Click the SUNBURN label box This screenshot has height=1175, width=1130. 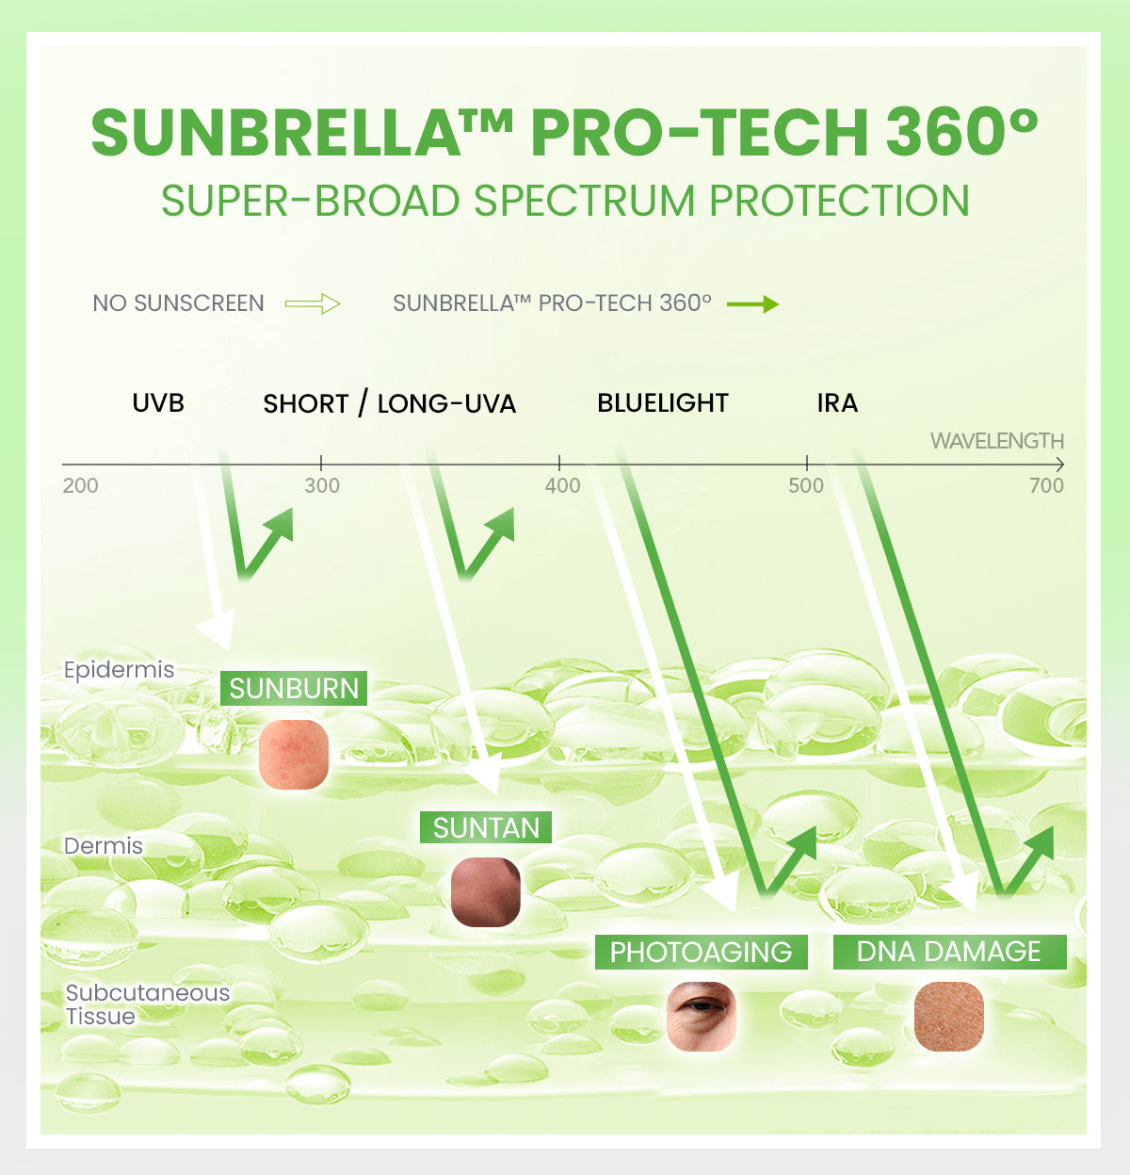pyautogui.click(x=294, y=688)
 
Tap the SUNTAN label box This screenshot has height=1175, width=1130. pyautogui.click(x=486, y=827)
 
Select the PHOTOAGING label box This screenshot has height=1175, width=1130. pyautogui.click(x=701, y=952)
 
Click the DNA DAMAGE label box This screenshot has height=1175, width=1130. pyautogui.click(x=949, y=952)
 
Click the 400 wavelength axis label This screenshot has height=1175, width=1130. pyautogui.click(x=563, y=486)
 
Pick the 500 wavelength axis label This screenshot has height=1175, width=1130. pyautogui.click(x=806, y=486)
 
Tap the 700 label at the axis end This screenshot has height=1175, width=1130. pyautogui.click(x=1046, y=486)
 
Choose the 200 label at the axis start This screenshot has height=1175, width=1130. pyautogui.click(x=81, y=486)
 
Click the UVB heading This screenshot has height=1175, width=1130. pyautogui.click(x=158, y=403)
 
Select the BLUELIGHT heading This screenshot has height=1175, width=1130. pyautogui.click(x=663, y=403)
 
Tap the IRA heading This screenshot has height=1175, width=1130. pyautogui.click(x=837, y=403)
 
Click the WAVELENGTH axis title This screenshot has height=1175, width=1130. pyautogui.click(x=996, y=441)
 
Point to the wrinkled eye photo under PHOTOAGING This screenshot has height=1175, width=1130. pyautogui.click(x=701, y=1016)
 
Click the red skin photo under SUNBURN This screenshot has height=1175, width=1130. pyautogui.click(x=294, y=754)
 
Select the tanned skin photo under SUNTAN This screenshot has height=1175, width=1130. pyautogui.click(x=486, y=891)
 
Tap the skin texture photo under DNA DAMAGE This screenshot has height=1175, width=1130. pyautogui.click(x=949, y=1016)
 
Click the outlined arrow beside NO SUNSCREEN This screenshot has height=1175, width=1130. pyautogui.click(x=313, y=303)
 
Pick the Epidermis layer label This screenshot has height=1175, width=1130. pyautogui.click(x=120, y=670)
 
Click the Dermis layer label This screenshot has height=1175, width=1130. pyautogui.click(x=104, y=846)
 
